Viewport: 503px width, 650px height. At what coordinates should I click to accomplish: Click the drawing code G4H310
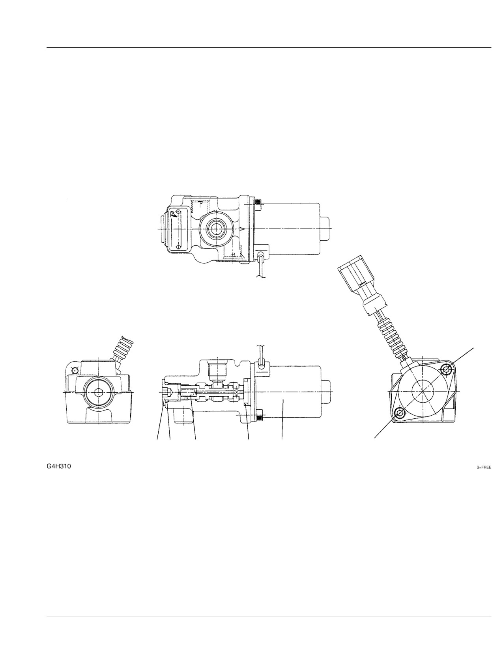59,466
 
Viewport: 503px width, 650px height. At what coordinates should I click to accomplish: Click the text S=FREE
484,467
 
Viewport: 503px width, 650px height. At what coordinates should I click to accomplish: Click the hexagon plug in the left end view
99,392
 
